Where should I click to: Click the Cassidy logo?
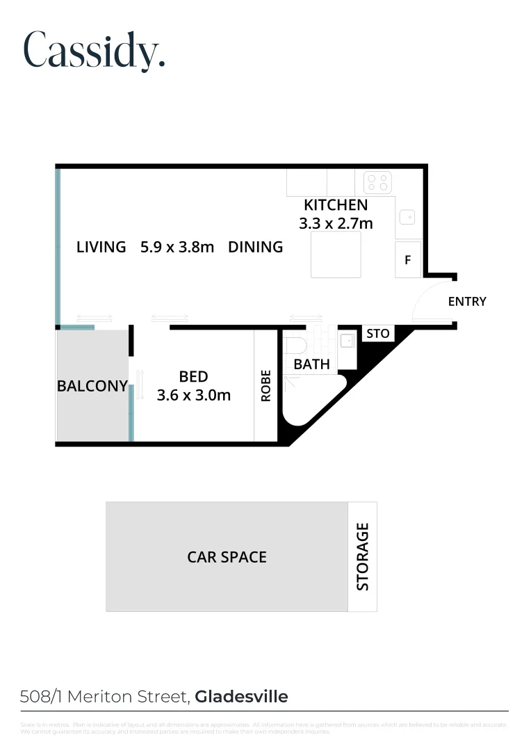[95, 51]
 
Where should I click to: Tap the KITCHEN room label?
[336, 205]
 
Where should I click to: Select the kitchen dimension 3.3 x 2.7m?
[336, 223]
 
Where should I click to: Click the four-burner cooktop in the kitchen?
[377, 183]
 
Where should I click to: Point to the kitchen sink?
[406, 218]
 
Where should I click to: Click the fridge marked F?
[408, 260]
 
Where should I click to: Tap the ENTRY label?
[467, 302]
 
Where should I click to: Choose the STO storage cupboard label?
[378, 334]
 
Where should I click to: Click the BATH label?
[311, 364]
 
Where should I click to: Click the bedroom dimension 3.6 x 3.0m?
[194, 396]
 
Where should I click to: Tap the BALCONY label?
[92, 386]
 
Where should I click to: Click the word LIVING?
[101, 247]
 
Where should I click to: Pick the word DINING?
[256, 247]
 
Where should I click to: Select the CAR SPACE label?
[227, 557]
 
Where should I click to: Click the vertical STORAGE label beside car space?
[362, 557]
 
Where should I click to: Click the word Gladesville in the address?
[241, 696]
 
